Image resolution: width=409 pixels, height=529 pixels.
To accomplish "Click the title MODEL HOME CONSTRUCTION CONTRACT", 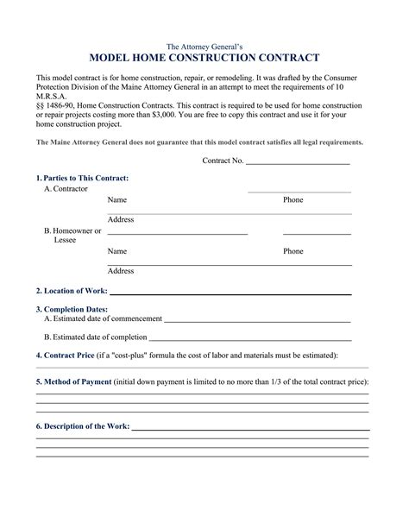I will (x=204, y=58).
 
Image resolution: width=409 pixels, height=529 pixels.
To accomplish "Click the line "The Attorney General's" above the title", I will (x=204, y=44).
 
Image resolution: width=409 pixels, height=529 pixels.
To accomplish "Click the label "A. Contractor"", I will (x=66, y=188).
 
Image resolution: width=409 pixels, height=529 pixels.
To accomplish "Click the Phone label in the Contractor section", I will (x=293, y=199).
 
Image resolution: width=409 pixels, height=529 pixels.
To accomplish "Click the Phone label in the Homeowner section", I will (x=293, y=251).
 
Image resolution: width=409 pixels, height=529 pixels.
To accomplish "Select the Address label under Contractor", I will (x=121, y=219).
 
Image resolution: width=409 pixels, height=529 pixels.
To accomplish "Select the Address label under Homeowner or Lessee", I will (x=121, y=271).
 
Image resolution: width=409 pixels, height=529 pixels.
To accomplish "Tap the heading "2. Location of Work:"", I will (x=72, y=291).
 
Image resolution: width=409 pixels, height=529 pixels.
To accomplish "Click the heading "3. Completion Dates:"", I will (x=72, y=308).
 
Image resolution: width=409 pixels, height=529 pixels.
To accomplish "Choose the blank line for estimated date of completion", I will (x=250, y=338).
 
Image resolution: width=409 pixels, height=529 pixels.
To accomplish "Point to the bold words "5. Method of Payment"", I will (x=74, y=381).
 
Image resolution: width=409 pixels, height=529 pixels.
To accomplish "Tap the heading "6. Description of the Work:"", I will (x=83, y=426).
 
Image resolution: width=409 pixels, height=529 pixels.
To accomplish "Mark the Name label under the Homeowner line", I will (x=117, y=251).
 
